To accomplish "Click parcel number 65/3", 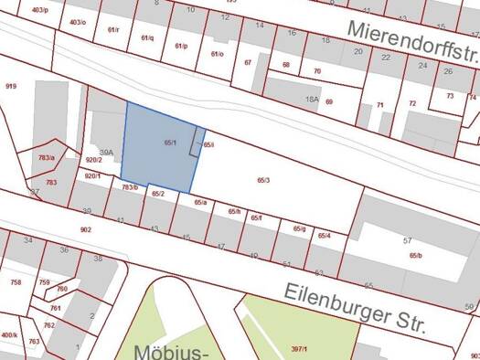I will (x=263, y=181).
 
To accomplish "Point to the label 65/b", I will (x=416, y=256).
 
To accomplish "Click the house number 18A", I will (x=311, y=98).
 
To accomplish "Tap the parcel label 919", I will (x=11, y=86).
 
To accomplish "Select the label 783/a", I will (x=47, y=158).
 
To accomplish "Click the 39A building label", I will (x=106, y=152).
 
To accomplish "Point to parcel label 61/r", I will (x=113, y=30).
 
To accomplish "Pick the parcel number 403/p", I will (x=39, y=10).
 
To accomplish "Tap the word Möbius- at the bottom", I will (x=172, y=352).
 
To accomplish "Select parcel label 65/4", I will (x=324, y=236).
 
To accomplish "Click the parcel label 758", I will (x=16, y=282).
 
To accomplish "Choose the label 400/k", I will (x=9, y=335).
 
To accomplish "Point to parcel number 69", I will (x=329, y=102).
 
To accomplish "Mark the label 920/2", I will (x=93, y=160).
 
